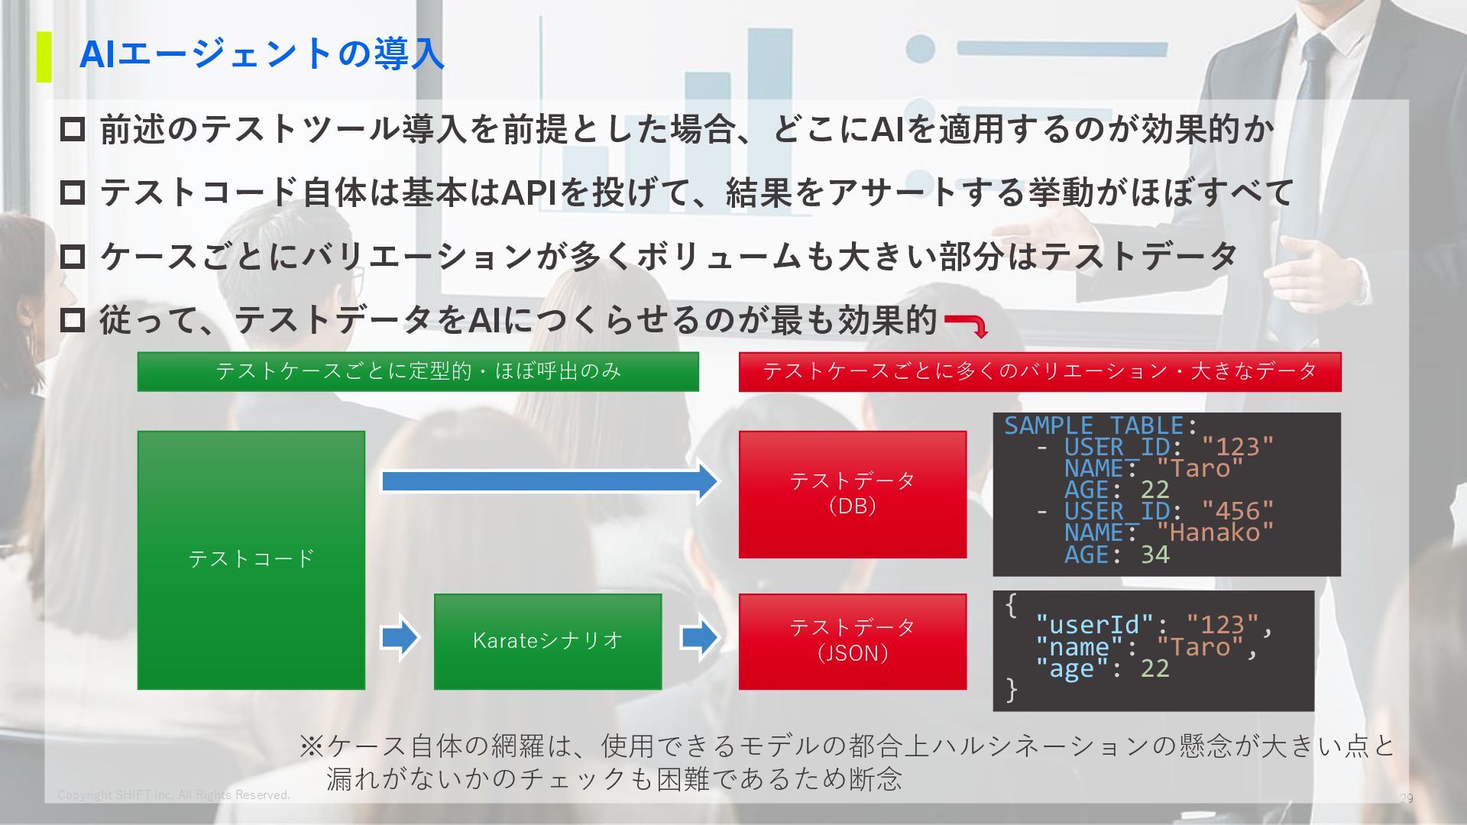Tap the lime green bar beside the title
pyautogui.click(x=44, y=57)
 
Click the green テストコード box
pyautogui.click(x=251, y=559)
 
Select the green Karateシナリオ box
pyautogui.click(x=547, y=640)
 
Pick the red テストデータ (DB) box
pyautogui.click(x=852, y=493)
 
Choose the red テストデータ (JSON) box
pyautogui.click(x=852, y=640)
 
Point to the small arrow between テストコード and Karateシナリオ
pyautogui.click(x=400, y=637)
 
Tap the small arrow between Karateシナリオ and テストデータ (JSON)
pyautogui.click(x=699, y=637)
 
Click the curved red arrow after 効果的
pyautogui.click(x=967, y=324)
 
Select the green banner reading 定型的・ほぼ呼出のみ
pyautogui.click(x=418, y=371)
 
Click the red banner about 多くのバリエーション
pyautogui.click(x=1039, y=371)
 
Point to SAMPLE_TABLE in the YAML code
pyautogui.click(x=1093, y=425)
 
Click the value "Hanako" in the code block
pyautogui.click(x=1215, y=532)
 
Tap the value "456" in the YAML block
pyautogui.click(x=1237, y=511)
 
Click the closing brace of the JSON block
pyautogui.click(x=1012, y=689)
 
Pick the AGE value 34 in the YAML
pyautogui.click(x=1154, y=555)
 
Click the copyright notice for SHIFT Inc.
pyautogui.click(x=173, y=795)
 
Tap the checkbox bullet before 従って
pyautogui.click(x=73, y=319)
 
